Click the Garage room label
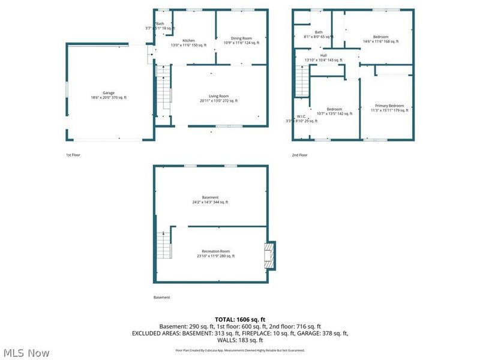pos(109,93)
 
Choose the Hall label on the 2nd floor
pos(323,56)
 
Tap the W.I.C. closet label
pos(301,116)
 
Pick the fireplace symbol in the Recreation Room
pos(270,255)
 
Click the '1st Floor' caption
pos(73,155)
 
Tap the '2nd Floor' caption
pos(299,155)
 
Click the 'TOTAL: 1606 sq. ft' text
pos(239,319)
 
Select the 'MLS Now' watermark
pos(26,353)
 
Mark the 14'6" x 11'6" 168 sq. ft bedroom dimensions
pos(380,41)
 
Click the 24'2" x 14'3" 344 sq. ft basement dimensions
pos(210,202)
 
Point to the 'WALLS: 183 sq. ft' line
pos(239,340)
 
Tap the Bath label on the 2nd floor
pos(319,32)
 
